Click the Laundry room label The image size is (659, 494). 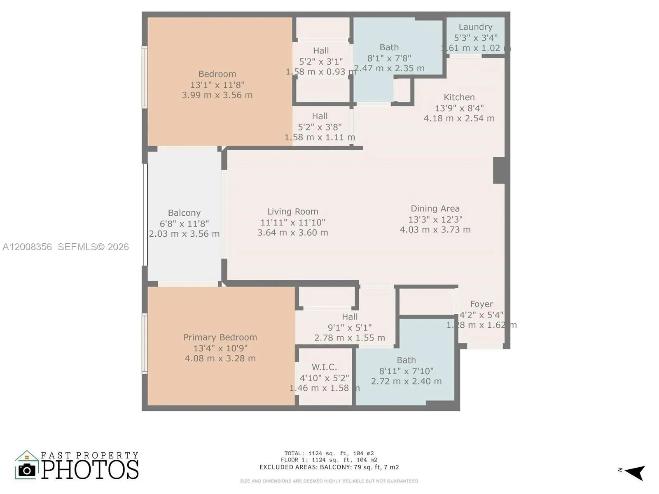(x=475, y=27)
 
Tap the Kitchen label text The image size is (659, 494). (x=459, y=98)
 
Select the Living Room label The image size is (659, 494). (x=292, y=212)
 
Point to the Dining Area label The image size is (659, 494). (x=435, y=209)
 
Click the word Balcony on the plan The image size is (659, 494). (x=184, y=213)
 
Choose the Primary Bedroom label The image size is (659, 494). (x=220, y=338)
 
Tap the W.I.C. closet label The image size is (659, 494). (x=324, y=367)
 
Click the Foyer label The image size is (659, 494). (x=481, y=304)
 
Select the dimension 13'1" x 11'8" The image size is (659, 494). (x=217, y=85)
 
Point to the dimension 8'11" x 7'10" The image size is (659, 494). (x=406, y=371)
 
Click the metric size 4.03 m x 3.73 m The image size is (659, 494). (x=435, y=230)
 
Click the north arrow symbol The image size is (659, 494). (x=635, y=472)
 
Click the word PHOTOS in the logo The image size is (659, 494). (x=90, y=470)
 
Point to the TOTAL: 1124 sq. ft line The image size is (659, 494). (x=329, y=453)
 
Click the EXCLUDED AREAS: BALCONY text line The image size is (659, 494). (x=329, y=467)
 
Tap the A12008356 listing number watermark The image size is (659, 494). (x=27, y=247)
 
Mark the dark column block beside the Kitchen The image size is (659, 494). (x=499, y=170)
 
